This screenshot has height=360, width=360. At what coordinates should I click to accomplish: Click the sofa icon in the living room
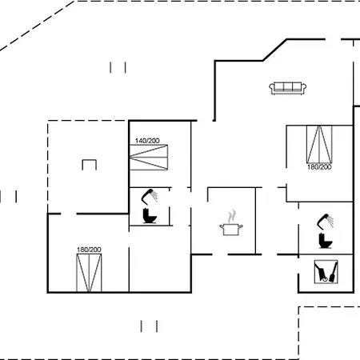point(288,88)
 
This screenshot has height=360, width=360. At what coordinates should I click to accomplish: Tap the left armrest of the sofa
point(272,87)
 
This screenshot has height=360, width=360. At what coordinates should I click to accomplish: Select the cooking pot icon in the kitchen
point(231,230)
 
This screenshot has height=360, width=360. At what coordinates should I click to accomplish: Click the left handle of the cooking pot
point(222,227)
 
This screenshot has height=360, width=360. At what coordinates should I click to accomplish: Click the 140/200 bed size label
point(147,141)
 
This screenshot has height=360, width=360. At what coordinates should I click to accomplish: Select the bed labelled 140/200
point(149,158)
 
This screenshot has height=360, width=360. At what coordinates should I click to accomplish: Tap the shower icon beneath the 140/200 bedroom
point(150,197)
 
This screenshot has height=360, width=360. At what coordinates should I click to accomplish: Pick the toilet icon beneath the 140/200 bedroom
point(150,216)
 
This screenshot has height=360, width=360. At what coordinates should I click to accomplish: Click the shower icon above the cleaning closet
point(325,222)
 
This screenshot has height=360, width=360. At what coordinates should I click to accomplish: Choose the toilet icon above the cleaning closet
point(326,240)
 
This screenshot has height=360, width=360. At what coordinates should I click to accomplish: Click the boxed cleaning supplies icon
point(326,272)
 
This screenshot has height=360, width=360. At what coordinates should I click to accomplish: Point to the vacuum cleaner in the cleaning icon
point(322,272)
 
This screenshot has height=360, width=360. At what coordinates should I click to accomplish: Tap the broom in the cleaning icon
point(334,273)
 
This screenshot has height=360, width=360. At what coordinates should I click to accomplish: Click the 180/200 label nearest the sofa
point(319,167)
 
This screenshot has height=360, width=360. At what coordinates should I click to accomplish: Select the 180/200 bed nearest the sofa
point(319,144)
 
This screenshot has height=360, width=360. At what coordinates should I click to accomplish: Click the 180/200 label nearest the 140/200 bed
point(89,250)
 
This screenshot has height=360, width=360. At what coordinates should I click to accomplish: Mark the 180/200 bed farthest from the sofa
point(89,273)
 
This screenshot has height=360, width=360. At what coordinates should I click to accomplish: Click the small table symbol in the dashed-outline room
point(90,165)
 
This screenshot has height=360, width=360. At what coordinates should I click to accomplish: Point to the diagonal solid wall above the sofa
point(274,50)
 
